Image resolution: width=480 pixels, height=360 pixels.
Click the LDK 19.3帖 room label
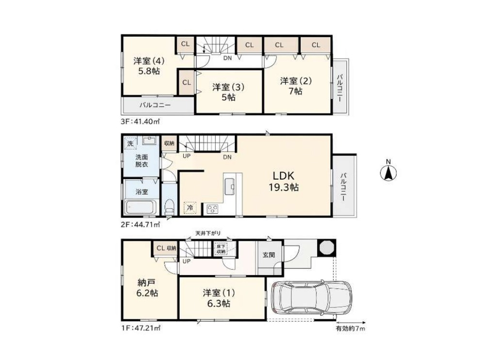click(x=284, y=181)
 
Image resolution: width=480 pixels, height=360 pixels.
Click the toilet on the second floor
click(x=169, y=207)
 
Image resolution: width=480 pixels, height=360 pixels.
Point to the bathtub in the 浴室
click(x=141, y=207)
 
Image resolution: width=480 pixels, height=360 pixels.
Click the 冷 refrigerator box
click(x=190, y=208)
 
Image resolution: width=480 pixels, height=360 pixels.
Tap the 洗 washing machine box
click(x=130, y=143)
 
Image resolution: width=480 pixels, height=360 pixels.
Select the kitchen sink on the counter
click(x=230, y=186)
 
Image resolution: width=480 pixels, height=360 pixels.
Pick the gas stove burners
click(x=213, y=209)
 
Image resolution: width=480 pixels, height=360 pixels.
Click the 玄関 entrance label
click(x=269, y=254)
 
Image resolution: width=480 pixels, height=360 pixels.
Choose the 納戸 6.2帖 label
click(x=147, y=287)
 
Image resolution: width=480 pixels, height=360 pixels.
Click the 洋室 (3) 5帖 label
click(x=228, y=92)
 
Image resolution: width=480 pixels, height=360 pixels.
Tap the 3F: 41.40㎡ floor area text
click(x=140, y=122)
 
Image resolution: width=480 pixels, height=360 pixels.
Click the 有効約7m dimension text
click(x=351, y=329)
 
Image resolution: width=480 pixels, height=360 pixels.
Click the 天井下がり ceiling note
click(x=208, y=234)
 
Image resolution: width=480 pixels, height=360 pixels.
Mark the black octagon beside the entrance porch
click(x=326, y=247)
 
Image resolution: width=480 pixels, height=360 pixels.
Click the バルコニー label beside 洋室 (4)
click(x=155, y=105)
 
